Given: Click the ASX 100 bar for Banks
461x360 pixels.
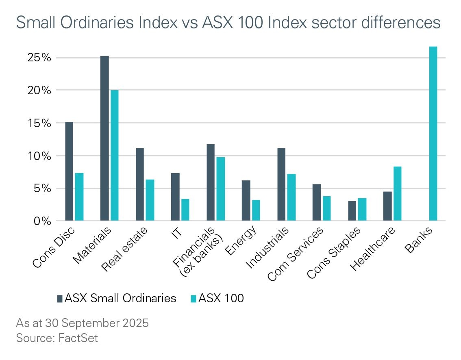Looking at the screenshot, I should pyautogui.click(x=433, y=134).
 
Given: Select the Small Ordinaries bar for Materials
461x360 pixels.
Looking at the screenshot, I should pyautogui.click(x=104, y=139).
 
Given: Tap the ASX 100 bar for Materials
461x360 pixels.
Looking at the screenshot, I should pyautogui.click(x=114, y=156).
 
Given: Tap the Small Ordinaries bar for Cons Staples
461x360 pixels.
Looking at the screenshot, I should pyautogui.click(x=352, y=211).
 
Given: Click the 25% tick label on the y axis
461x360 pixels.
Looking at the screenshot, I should pyautogui.click(x=39, y=57).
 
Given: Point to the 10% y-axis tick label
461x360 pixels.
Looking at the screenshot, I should pyautogui.click(x=39, y=156).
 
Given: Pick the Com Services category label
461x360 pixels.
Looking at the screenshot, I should pyautogui.click(x=296, y=254).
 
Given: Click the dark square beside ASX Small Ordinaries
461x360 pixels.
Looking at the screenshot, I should pyautogui.click(x=60, y=298).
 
